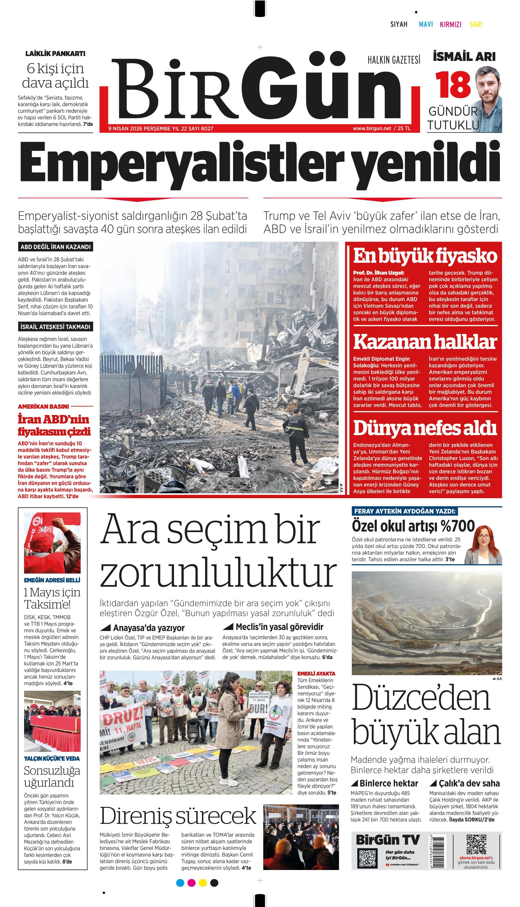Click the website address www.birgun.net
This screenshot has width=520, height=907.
372,128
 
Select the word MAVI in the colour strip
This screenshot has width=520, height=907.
426,24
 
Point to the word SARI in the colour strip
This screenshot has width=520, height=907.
476,24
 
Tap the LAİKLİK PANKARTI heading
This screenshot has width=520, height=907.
55,54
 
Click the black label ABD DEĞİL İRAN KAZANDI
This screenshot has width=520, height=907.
55,247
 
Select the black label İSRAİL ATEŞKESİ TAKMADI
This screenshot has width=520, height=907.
55,326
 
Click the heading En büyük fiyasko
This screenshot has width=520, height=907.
425,256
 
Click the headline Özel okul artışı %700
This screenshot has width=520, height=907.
413,527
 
